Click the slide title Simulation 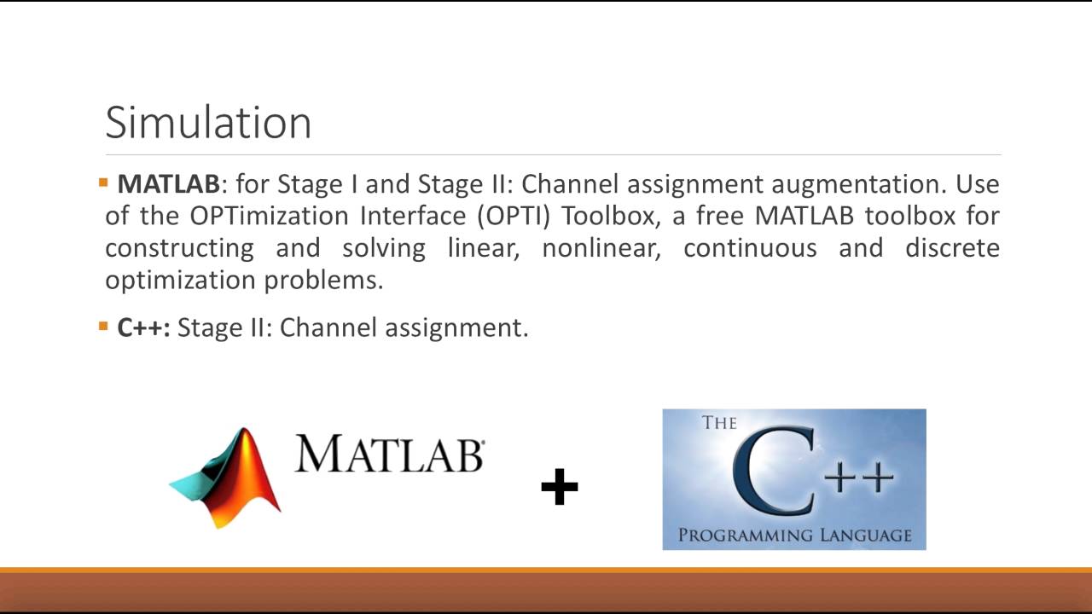(x=208, y=122)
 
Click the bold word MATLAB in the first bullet (x=169, y=184)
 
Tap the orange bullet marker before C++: (x=103, y=326)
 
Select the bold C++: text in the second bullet (x=143, y=327)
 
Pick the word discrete (x=952, y=249)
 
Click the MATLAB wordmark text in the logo (x=390, y=454)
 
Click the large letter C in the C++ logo (x=773, y=469)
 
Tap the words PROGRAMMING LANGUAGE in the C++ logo (x=794, y=536)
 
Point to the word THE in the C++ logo (x=719, y=423)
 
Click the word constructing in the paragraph (x=179, y=249)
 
